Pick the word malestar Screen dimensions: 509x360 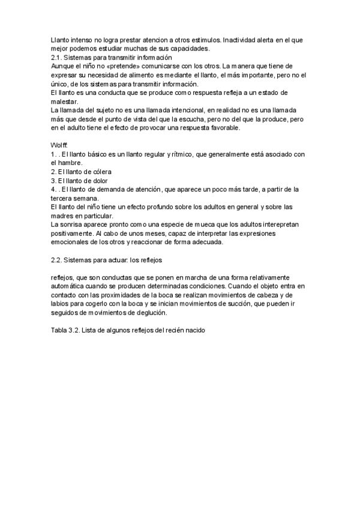pos(65,101)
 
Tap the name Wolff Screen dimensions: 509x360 pos(59,146)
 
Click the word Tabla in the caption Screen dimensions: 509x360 pos(60,331)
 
